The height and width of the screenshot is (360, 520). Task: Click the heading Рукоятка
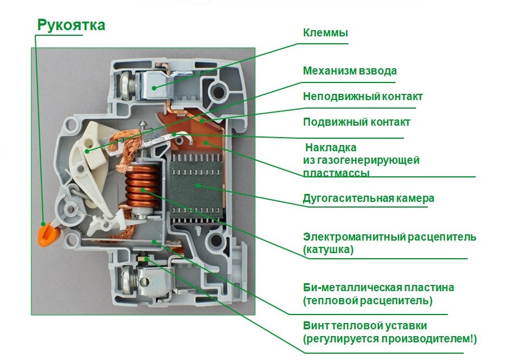click(71, 25)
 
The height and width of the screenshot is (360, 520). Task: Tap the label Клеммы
click(325, 33)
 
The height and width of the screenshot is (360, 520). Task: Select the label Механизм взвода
click(350, 71)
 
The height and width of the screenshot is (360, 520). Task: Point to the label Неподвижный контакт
click(363, 97)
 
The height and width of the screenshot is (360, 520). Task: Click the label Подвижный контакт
click(356, 122)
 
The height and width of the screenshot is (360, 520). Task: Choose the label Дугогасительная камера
click(368, 198)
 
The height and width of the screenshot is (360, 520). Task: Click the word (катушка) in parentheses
click(328, 249)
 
